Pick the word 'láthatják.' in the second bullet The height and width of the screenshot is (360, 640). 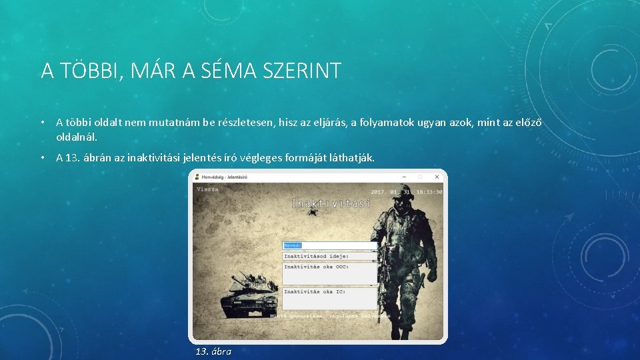pos(352,158)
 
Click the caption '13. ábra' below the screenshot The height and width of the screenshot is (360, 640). pos(213,351)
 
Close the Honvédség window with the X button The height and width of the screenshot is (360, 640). pos(437,177)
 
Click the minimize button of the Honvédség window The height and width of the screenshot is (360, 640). pos(405,177)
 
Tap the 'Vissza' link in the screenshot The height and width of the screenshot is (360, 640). pos(207,189)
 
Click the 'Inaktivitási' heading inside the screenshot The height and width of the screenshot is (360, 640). pos(331,203)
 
